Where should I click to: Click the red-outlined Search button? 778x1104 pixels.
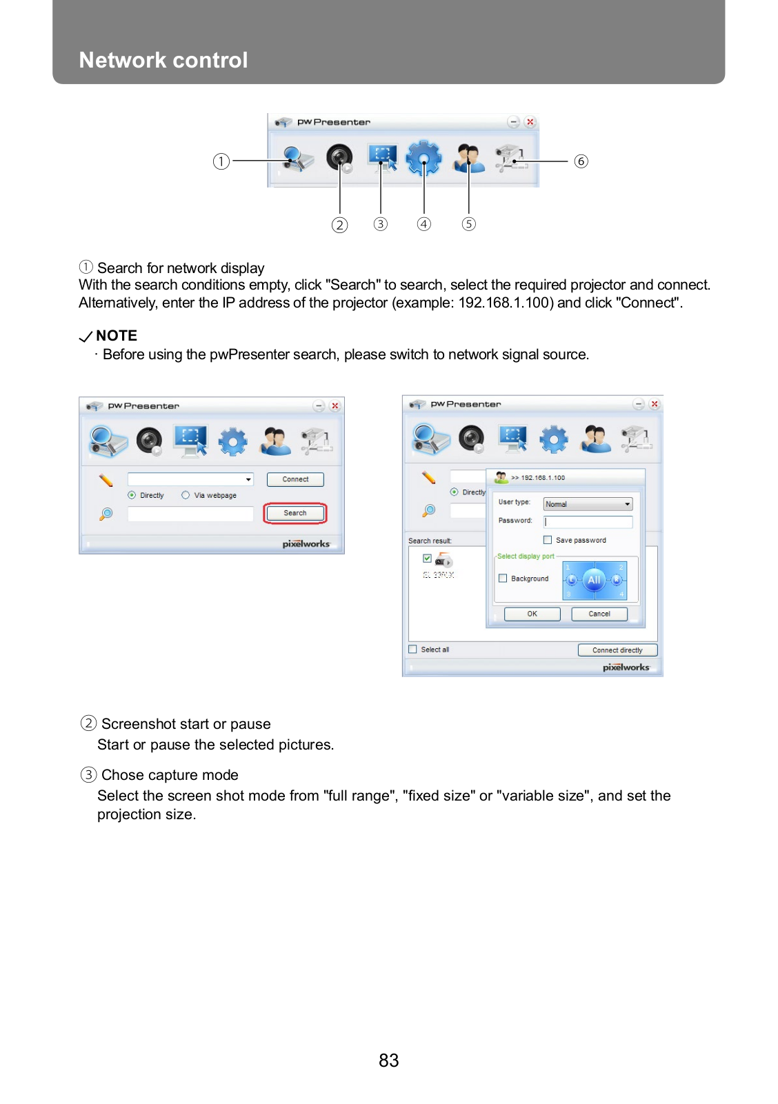point(295,513)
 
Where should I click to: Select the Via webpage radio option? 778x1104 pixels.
point(186,495)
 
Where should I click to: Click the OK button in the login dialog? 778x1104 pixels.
point(532,614)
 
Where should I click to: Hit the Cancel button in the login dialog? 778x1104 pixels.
point(599,614)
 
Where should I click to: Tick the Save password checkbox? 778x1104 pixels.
point(548,540)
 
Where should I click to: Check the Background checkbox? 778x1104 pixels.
point(503,579)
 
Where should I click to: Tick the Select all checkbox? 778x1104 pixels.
point(412,650)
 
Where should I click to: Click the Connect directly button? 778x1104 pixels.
point(617,650)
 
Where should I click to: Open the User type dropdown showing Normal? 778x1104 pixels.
point(588,504)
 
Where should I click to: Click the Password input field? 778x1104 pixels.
point(588,522)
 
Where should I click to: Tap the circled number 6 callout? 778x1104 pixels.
point(581,161)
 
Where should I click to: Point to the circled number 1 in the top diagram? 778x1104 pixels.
point(221,161)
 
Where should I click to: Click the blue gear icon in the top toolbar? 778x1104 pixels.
point(423,159)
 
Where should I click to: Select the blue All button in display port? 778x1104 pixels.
point(594,580)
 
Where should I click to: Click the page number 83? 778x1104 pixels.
point(388,1061)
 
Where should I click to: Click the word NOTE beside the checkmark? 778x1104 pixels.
point(117,336)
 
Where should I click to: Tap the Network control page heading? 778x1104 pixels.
point(163,60)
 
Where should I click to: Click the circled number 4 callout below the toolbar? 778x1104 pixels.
point(424,224)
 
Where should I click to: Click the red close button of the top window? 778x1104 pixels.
point(530,122)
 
